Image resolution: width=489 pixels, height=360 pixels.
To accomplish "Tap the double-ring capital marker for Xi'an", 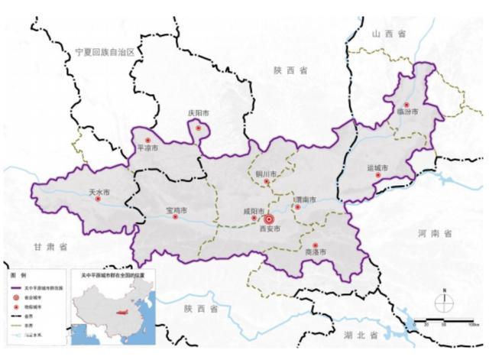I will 267,219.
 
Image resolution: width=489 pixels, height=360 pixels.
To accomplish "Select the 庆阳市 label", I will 199,114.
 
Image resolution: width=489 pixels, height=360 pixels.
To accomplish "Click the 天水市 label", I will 100,192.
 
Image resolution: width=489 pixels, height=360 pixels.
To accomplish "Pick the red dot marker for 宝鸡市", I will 175,217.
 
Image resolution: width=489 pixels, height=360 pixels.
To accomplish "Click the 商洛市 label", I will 315,252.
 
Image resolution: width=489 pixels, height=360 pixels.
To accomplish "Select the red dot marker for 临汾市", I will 406,105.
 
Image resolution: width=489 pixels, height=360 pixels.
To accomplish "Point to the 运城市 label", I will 377,167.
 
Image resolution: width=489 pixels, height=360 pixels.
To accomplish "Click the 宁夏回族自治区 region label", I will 105,52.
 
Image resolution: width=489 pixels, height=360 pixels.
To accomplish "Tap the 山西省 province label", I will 389,34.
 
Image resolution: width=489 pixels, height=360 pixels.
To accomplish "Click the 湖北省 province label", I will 361,336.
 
